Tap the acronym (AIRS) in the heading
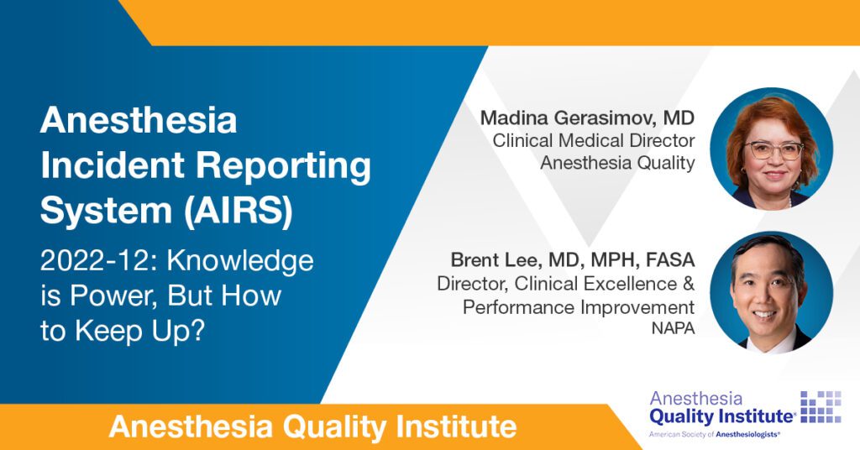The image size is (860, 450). (238, 211)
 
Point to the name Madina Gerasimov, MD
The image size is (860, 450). (587, 118)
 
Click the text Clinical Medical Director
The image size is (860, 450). (594, 140)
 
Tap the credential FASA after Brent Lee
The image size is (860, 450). (670, 259)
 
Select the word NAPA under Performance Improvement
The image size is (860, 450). (673, 328)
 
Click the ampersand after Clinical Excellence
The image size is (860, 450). (689, 284)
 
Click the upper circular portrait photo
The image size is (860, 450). (771, 149)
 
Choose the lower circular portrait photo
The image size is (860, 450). (771, 292)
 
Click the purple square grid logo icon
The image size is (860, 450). (821, 406)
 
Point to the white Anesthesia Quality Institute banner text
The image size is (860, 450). (312, 427)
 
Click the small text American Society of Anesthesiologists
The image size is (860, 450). (714, 434)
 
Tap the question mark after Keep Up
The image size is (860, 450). (197, 331)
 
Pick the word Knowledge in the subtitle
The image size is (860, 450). (240, 262)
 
